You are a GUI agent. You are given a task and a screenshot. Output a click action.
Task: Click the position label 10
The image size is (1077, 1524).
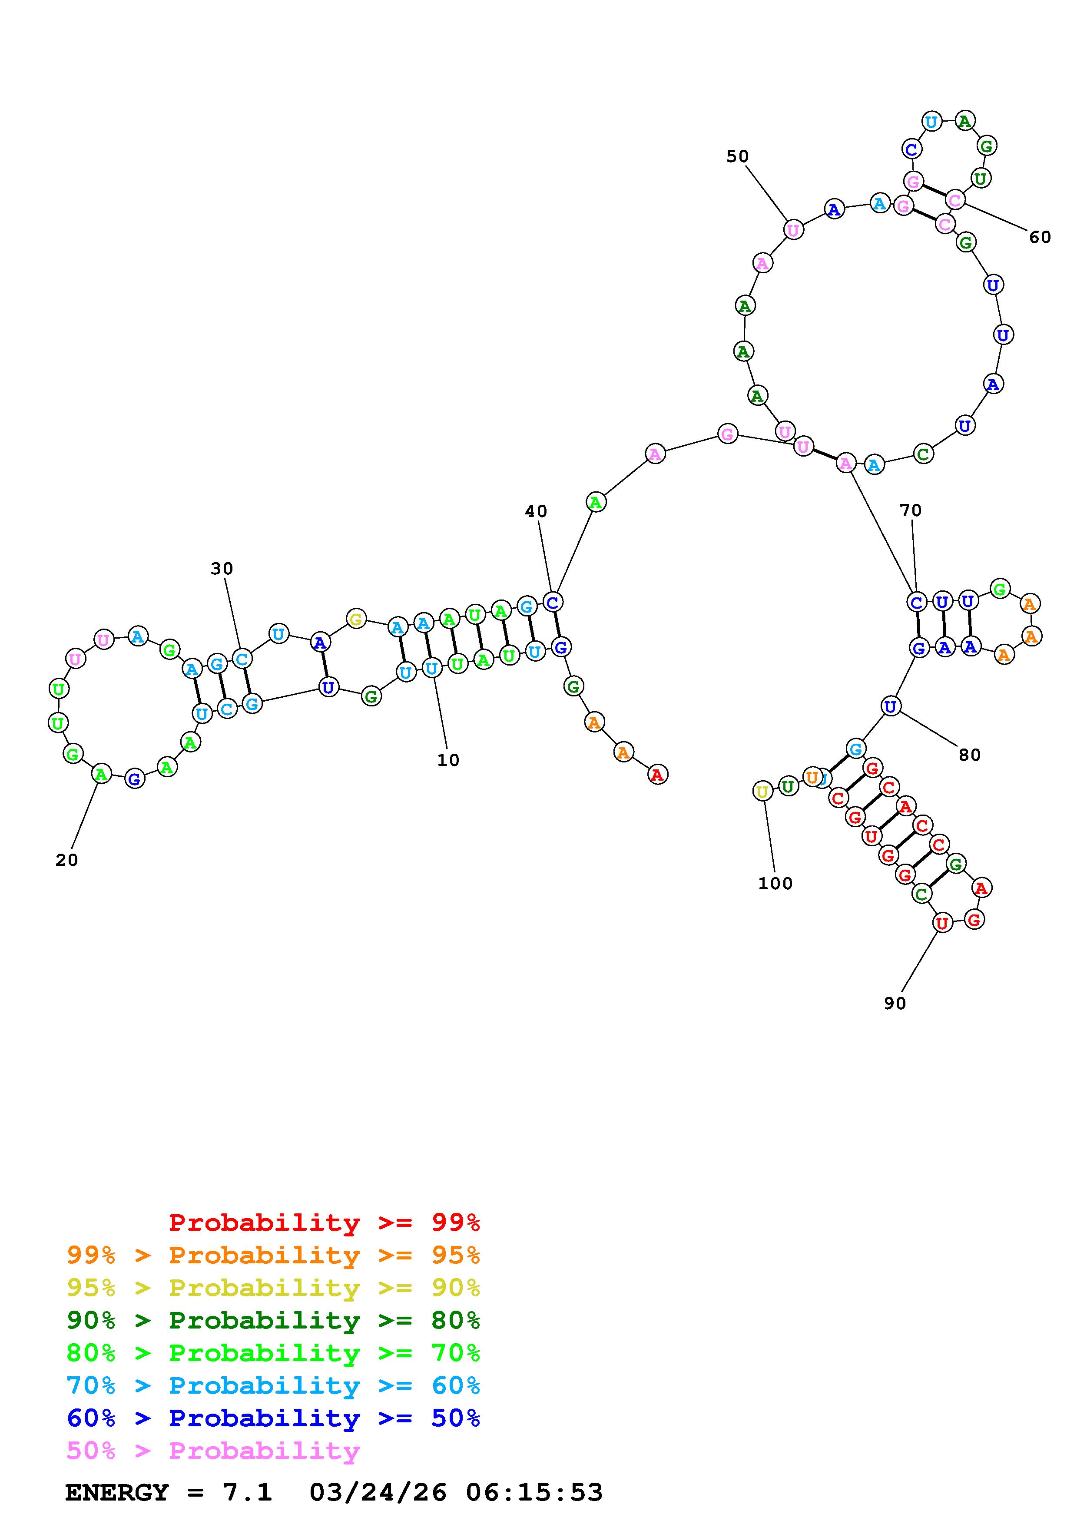tap(448, 760)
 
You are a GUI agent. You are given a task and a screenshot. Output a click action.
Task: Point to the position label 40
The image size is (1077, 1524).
tap(536, 511)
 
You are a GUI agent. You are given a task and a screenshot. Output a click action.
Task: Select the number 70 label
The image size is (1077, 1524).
tap(911, 510)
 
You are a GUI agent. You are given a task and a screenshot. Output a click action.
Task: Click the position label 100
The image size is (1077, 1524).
tap(775, 884)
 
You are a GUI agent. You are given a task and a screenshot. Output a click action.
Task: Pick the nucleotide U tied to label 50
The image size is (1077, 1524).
tap(793, 230)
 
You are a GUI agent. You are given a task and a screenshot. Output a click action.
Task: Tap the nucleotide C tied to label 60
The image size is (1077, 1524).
tap(955, 199)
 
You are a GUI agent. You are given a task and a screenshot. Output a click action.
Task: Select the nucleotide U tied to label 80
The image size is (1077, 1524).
tap(891, 707)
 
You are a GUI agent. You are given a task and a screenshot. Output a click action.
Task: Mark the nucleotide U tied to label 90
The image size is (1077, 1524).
tap(941, 923)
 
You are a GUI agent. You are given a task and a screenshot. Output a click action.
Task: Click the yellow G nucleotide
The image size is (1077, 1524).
tap(356, 620)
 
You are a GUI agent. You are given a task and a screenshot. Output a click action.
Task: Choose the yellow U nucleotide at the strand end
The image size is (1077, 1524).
tap(762, 791)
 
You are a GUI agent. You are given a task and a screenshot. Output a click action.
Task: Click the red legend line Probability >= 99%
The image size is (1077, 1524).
tap(325, 1223)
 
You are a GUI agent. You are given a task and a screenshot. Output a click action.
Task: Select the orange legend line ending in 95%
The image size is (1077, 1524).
tap(273, 1255)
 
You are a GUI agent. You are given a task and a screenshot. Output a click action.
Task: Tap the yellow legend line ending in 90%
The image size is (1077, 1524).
tap(273, 1288)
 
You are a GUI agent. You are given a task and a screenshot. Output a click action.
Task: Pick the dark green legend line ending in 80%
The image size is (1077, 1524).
tap(273, 1320)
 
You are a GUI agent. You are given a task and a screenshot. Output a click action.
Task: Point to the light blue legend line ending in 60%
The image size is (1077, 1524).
tap(273, 1385)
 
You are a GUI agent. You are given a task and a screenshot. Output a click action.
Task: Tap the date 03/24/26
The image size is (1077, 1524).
tap(378, 1492)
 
